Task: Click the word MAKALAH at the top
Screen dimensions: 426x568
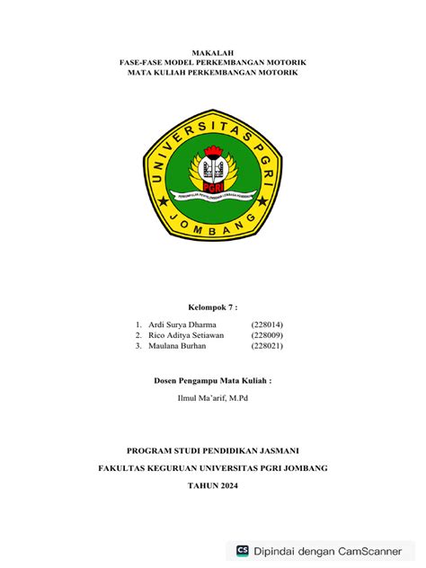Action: click(213, 54)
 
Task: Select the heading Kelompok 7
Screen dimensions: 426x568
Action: click(213, 306)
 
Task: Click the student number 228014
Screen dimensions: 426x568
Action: click(268, 324)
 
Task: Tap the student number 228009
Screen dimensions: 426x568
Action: click(268, 334)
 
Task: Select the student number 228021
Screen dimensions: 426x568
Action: click(268, 345)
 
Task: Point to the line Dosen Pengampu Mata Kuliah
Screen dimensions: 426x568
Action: click(213, 380)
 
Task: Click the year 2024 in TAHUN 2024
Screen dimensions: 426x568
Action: click(229, 485)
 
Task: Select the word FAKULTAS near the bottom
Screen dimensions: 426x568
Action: click(124, 468)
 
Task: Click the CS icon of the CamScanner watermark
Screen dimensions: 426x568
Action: click(243, 550)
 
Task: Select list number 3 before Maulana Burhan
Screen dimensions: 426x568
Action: click(138, 345)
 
